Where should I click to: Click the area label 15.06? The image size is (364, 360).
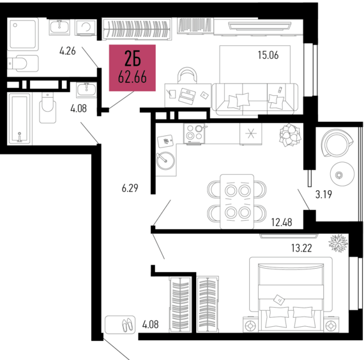[x=268, y=56]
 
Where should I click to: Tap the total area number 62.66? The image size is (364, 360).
[x=132, y=77]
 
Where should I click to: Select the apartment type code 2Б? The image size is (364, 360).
[x=133, y=59]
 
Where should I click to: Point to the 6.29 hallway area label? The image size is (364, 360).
[x=130, y=188]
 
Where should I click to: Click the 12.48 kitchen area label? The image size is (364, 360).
[x=282, y=222]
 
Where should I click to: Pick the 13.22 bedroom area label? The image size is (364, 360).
[x=301, y=248]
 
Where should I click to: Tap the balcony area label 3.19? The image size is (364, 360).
[x=324, y=194]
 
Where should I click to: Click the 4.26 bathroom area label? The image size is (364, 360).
[x=68, y=51]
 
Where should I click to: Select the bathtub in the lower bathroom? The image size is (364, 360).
[x=20, y=118]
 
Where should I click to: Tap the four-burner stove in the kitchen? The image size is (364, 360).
[x=195, y=133]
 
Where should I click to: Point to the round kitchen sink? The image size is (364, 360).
[x=166, y=161]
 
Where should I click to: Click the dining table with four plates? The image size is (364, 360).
[x=237, y=202]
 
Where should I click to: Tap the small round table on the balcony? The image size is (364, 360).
[x=342, y=174]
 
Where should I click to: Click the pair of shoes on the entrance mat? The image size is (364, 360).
[x=128, y=324]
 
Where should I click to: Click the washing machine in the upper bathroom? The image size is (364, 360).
[x=86, y=27]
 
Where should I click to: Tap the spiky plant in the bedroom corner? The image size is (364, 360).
[x=338, y=243]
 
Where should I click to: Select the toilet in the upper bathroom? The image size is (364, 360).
[x=22, y=63]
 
